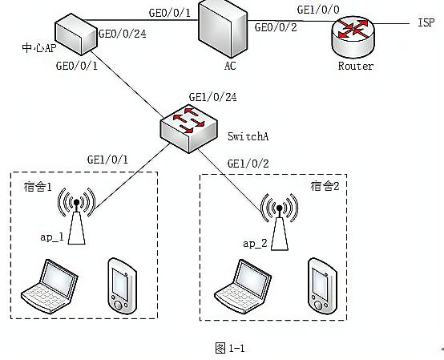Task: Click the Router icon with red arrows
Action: tap(353, 37)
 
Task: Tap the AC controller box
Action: tap(222, 29)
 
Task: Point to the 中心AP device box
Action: tap(76, 34)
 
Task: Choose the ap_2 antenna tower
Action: tap(279, 222)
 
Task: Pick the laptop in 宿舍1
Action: tap(50, 286)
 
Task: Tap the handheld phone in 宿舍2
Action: tap(322, 285)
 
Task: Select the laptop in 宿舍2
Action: tap(243, 287)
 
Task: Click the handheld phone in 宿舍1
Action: tap(123, 285)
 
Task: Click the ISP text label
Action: tap(426, 22)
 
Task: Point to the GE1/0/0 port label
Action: tap(318, 10)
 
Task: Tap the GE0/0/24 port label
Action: tap(123, 34)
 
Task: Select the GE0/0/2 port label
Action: tap(276, 27)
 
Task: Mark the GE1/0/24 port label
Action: tap(212, 97)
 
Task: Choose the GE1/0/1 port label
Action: tap(107, 160)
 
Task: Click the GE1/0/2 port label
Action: tap(248, 164)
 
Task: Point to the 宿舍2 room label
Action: tap(325, 186)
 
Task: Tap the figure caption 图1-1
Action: tap(230, 348)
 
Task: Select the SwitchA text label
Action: tap(248, 136)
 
